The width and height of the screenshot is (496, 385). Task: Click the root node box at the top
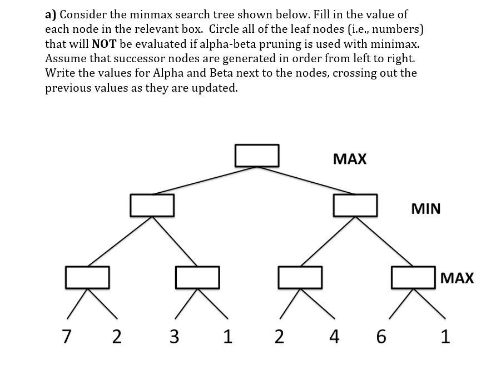[256, 155]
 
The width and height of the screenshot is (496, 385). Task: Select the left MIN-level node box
[152, 205]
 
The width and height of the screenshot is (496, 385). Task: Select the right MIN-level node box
[355, 205]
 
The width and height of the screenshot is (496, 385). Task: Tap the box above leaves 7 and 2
[87, 277]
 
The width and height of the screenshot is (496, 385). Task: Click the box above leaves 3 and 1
[197, 277]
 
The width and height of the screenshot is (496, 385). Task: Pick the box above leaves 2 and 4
[300, 277]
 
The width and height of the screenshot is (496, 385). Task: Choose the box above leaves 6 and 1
[413, 277]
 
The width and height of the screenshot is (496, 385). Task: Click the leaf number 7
[67, 337]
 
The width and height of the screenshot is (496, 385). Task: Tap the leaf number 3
[174, 337]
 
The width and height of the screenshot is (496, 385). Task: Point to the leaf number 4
[333, 337]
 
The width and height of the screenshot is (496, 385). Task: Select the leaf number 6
[380, 337]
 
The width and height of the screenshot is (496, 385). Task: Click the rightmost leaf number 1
[445, 337]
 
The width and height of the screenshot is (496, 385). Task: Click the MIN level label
[425, 209]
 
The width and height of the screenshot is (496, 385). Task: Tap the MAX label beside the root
[350, 159]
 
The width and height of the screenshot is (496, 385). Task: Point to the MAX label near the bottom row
[457, 278]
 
